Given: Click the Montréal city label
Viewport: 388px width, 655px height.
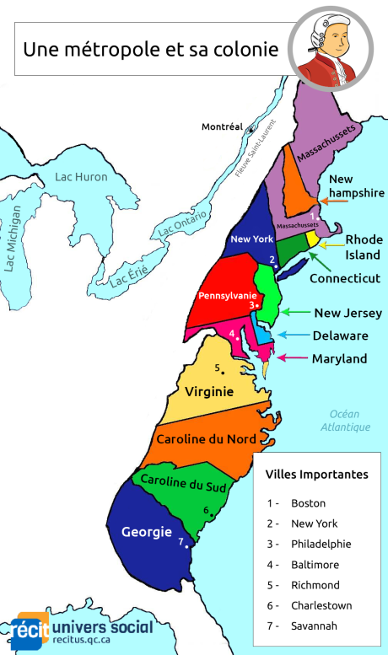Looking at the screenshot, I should [x=222, y=127].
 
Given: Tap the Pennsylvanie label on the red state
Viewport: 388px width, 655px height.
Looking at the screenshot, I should [x=226, y=296].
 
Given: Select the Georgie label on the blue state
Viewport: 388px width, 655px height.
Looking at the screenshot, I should [x=147, y=532].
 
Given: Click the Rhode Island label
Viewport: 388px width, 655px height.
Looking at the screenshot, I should [x=364, y=246].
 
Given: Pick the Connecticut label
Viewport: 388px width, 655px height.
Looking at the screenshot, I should [x=344, y=278].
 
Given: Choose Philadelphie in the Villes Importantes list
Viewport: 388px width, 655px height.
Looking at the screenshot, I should [x=321, y=544].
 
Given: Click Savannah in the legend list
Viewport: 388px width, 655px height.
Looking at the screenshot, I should [x=314, y=625].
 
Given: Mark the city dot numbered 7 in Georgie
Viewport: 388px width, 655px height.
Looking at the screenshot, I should [x=186, y=545].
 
